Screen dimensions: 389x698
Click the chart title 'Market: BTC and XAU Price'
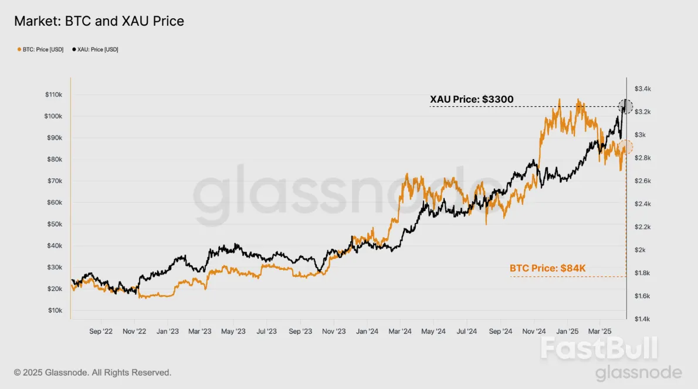99,22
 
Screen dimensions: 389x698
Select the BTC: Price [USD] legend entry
41,50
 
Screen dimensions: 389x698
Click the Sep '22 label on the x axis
101,332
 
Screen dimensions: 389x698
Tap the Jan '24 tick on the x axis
367,332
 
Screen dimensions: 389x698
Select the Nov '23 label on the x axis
333,332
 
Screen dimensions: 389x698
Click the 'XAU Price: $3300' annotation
472,100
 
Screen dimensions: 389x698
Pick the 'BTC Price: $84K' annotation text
547,269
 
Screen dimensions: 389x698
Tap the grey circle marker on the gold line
626,107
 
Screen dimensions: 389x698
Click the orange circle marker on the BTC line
626,147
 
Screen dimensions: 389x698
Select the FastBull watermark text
598,349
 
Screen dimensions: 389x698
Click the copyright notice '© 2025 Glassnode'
93,373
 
